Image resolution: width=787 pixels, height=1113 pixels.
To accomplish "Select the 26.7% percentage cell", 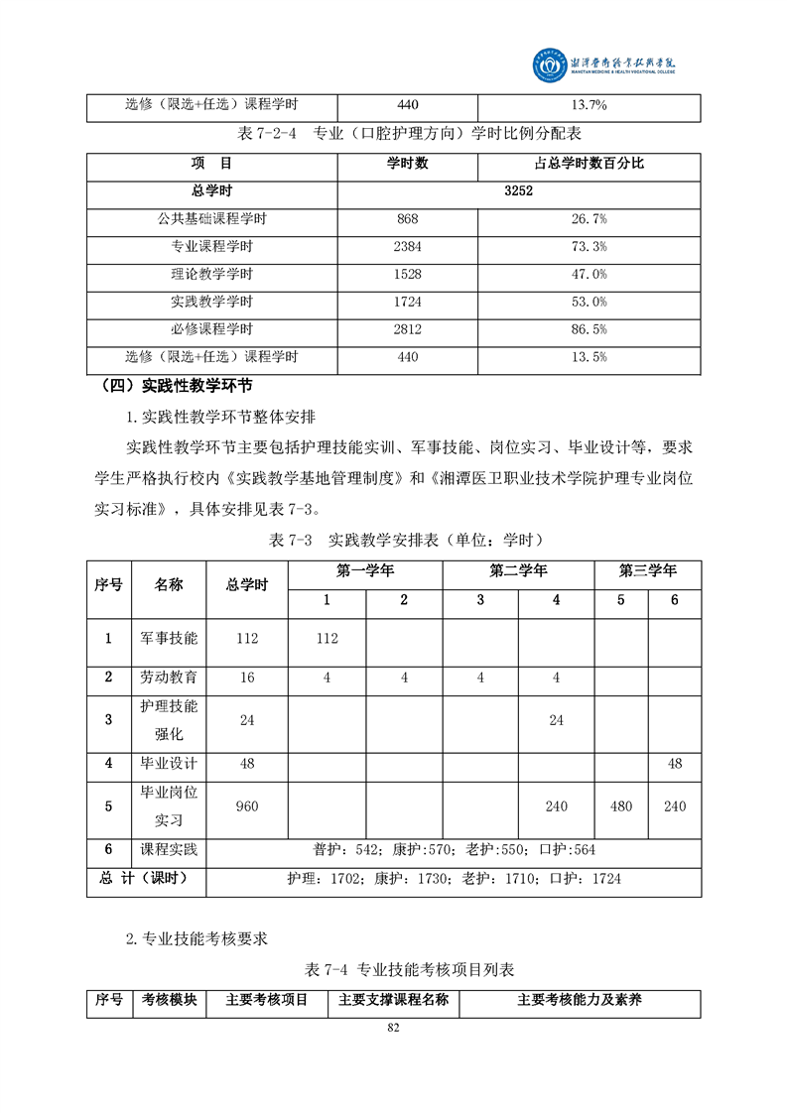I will (x=590, y=219).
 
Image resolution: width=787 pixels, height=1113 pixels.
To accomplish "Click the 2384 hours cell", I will (x=408, y=247).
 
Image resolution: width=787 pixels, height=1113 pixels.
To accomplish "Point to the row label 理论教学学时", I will (x=211, y=275).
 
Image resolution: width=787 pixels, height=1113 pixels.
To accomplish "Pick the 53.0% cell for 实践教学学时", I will (x=590, y=302).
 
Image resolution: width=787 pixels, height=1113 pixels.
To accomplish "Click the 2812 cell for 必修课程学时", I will (x=408, y=329).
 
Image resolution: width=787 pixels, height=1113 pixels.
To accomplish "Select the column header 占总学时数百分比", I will (x=590, y=164).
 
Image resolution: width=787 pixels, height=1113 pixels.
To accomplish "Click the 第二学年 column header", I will (x=518, y=571).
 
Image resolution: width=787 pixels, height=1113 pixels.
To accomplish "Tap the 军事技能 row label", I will (x=169, y=639).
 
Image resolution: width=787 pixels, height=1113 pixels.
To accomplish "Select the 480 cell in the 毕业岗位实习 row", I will (x=621, y=806).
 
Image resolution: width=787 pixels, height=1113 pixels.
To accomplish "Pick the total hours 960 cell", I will (x=247, y=806).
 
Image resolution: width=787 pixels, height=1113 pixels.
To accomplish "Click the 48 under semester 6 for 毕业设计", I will (x=675, y=764).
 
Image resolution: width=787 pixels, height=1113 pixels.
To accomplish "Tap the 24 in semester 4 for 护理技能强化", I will (x=556, y=721).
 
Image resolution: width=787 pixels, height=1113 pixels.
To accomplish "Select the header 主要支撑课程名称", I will (x=393, y=1000).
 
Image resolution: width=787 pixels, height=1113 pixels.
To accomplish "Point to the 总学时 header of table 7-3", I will (x=247, y=585).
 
